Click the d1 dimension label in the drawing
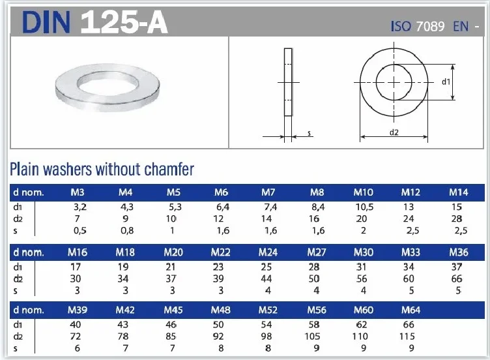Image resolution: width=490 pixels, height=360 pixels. click(x=446, y=82)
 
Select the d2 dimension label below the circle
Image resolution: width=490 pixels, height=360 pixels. click(x=394, y=133)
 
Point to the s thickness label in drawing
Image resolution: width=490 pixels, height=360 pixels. click(x=310, y=133)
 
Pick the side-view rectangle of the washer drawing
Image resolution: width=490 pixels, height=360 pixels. click(x=287, y=82)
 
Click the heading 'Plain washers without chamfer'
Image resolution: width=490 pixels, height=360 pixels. click(x=102, y=170)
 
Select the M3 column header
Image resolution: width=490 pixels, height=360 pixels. click(x=78, y=192)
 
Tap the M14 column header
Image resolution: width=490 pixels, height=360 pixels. click(x=459, y=192)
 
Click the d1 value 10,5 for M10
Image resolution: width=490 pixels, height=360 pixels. click(x=364, y=207)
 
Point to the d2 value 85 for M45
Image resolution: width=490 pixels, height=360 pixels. click(x=173, y=337)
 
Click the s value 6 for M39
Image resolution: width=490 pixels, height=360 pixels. click(x=78, y=348)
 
